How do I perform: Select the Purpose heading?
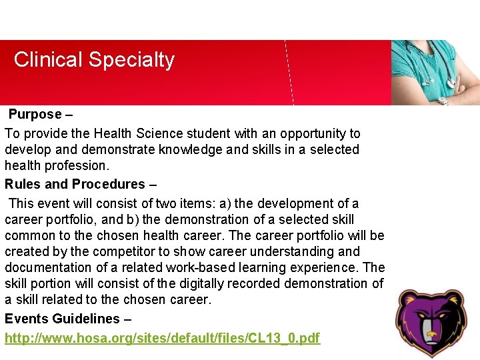[x=35, y=115]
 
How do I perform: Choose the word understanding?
[x=316, y=251]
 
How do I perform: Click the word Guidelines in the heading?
[x=86, y=319]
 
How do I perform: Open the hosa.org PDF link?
[x=163, y=339]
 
